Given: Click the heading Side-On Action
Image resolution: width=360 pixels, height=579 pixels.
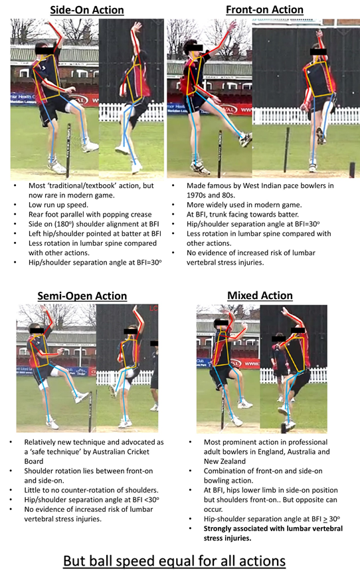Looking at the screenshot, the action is tap(87, 10).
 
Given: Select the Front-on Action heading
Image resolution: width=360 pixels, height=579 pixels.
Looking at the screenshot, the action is tap(264, 9).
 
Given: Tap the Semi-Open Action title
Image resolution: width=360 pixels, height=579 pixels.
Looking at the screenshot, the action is tap(82, 296).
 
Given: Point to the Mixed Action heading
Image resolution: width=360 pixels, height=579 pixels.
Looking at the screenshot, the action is tap(260, 295).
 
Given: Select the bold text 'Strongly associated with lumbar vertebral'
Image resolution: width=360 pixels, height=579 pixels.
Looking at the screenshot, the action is tap(273, 528).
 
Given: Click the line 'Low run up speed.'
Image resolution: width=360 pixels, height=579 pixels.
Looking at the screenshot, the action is tap(58, 205).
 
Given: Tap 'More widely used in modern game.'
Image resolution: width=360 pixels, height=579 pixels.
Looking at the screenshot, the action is tap(244, 205).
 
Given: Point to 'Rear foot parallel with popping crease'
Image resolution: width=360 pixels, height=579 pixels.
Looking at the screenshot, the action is tap(90, 214).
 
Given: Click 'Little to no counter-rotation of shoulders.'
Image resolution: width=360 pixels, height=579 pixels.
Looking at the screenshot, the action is tap(91, 490).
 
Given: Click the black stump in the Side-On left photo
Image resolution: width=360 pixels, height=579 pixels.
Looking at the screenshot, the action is tap(68, 151).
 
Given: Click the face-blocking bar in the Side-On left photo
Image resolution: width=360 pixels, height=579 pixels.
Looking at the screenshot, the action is tap(45, 49).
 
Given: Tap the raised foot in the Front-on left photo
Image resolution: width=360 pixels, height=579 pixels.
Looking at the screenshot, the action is tap(245, 140).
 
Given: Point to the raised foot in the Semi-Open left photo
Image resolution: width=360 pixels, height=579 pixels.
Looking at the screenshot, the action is tap(81, 398).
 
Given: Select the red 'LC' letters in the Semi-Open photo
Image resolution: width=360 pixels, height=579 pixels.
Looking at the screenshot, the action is tap(153, 308).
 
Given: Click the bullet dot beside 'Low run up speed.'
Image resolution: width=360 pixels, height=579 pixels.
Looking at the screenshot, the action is tap(15, 205).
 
